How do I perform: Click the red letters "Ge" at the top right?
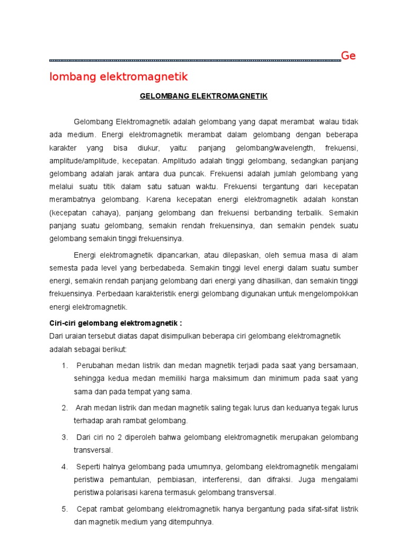(348, 56)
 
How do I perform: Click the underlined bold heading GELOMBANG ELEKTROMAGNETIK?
(203, 96)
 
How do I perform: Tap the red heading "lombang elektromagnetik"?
(119, 77)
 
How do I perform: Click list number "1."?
(65, 365)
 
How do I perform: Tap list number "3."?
(65, 437)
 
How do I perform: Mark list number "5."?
(65, 509)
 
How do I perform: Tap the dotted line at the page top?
(195, 60)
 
